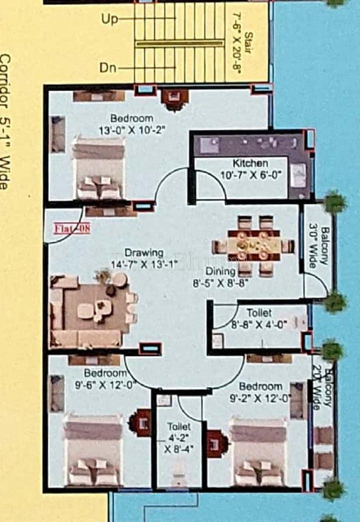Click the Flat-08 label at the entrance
tap(71, 229)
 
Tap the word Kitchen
tap(250, 163)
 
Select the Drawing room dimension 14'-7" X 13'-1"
tap(144, 264)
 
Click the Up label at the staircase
tap(110, 19)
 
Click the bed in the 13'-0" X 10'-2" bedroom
tap(98, 167)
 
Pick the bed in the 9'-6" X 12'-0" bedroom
tap(93, 449)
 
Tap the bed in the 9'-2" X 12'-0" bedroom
tap(257, 452)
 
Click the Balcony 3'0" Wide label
tap(318, 247)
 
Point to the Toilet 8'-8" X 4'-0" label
tap(259, 318)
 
